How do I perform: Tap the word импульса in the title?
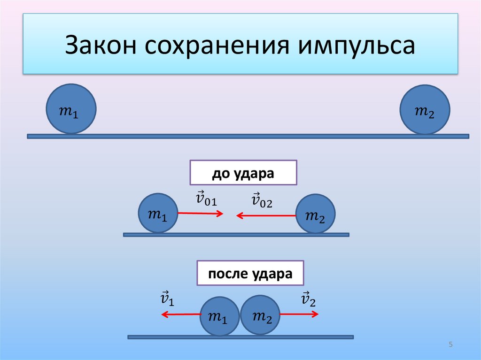tap(356, 46)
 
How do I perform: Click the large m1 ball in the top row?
tap(71, 109)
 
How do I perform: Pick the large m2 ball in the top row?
tap(424, 109)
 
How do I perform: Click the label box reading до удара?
tap(243, 173)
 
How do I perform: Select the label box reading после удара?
tap(250, 274)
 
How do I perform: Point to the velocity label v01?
tap(206, 199)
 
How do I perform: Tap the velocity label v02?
tap(262, 200)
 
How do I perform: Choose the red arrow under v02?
tap(267, 215)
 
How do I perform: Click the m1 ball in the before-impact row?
tap(158, 213)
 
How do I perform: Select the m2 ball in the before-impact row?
tap(316, 214)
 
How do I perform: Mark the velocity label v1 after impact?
tap(167, 299)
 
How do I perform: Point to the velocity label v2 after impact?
tap(308, 299)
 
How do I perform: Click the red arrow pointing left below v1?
tap(181, 314)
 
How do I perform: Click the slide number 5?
tap(450, 345)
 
